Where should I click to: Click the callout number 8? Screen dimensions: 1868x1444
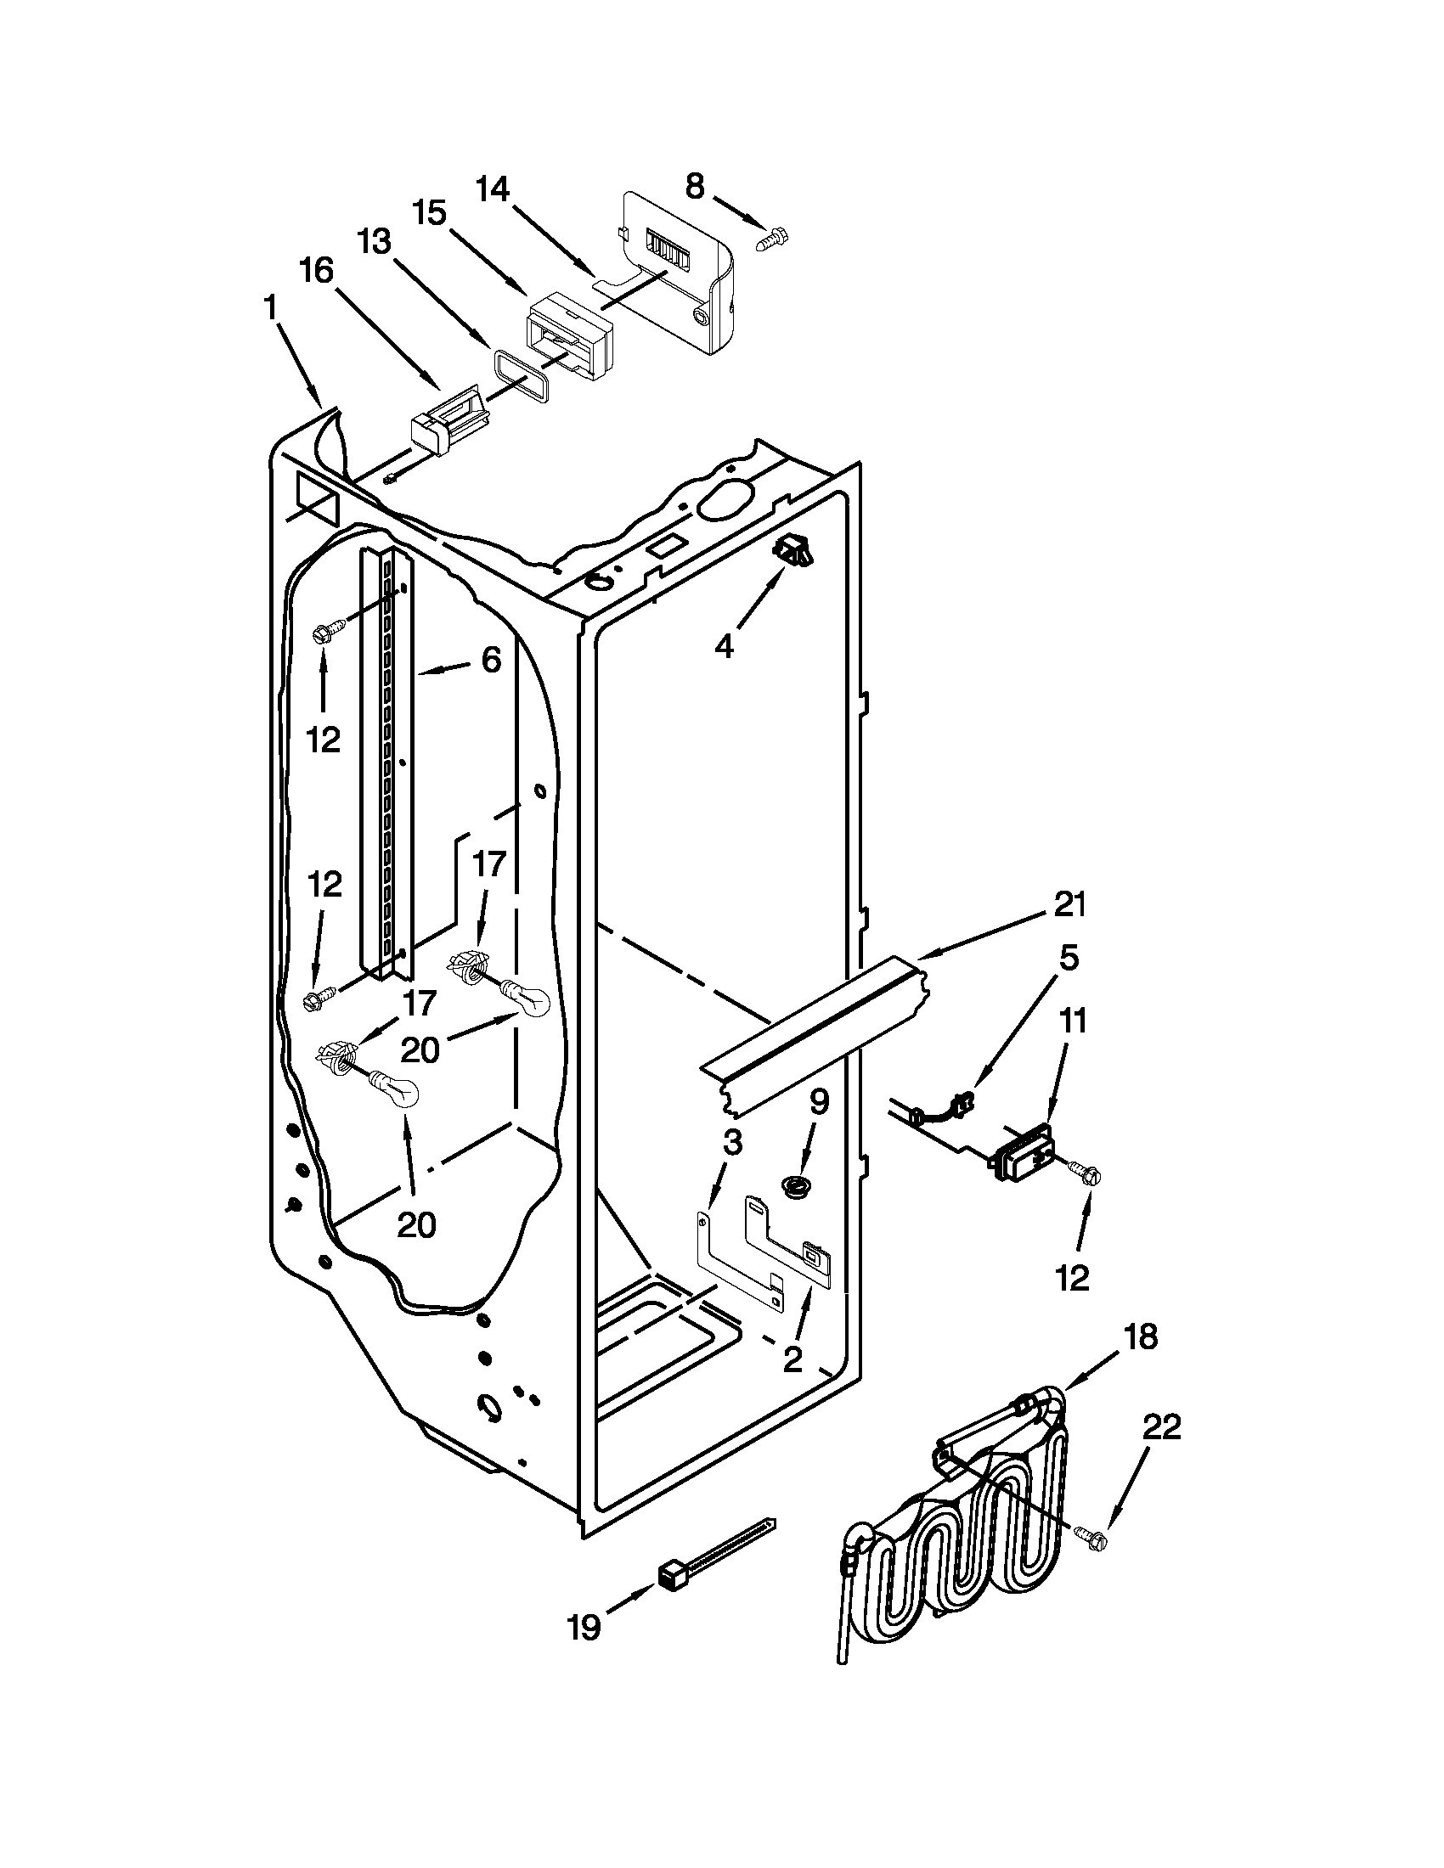694,186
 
